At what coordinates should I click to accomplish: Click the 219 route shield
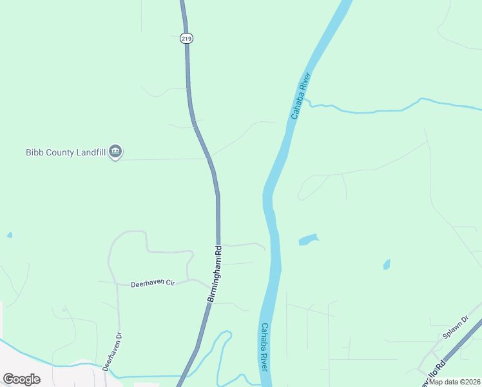(x=186, y=39)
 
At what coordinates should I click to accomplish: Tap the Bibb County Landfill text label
(x=66, y=152)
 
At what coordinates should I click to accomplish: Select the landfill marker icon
(x=116, y=152)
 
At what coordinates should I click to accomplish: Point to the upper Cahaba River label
(x=301, y=96)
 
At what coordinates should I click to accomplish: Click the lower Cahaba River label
(x=264, y=346)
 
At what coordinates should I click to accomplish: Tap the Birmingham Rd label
(x=215, y=273)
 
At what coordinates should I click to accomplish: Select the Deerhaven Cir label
(x=153, y=283)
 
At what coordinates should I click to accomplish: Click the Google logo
(x=22, y=379)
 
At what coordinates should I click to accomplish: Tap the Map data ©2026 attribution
(x=455, y=382)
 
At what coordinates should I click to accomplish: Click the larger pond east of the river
(x=308, y=240)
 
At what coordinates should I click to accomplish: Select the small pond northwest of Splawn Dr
(x=387, y=264)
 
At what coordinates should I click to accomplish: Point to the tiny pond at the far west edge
(x=9, y=235)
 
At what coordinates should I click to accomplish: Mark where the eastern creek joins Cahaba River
(x=305, y=99)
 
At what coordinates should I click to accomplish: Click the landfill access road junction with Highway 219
(x=209, y=157)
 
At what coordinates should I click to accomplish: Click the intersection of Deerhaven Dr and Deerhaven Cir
(x=117, y=283)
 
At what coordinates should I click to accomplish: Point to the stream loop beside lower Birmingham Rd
(x=222, y=342)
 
